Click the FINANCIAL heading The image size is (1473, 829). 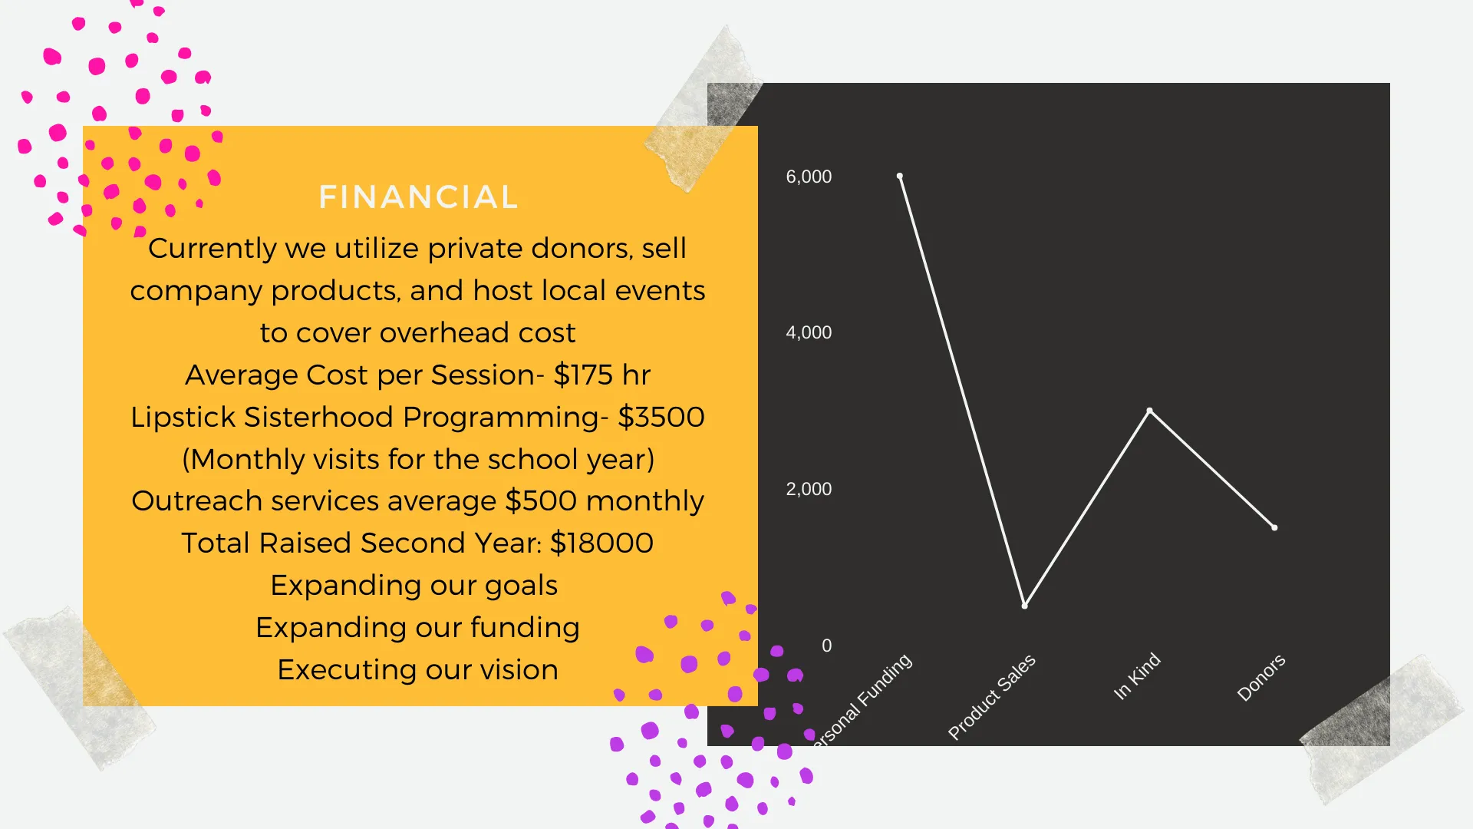418,197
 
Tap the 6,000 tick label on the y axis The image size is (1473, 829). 809,177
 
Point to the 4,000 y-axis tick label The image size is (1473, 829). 809,332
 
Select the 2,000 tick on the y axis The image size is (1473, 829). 809,489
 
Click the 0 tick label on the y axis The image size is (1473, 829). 826,646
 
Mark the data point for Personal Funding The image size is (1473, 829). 900,177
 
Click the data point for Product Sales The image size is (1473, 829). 1025,606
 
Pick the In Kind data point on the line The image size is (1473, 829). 1149,411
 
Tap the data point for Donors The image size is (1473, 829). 1274,527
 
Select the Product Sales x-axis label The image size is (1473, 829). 992,697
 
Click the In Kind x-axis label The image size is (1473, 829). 1137,676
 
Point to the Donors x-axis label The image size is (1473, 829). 1261,677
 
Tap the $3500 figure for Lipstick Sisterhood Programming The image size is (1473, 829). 661,418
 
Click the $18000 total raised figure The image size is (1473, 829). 602,543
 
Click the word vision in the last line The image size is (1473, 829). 519,670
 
